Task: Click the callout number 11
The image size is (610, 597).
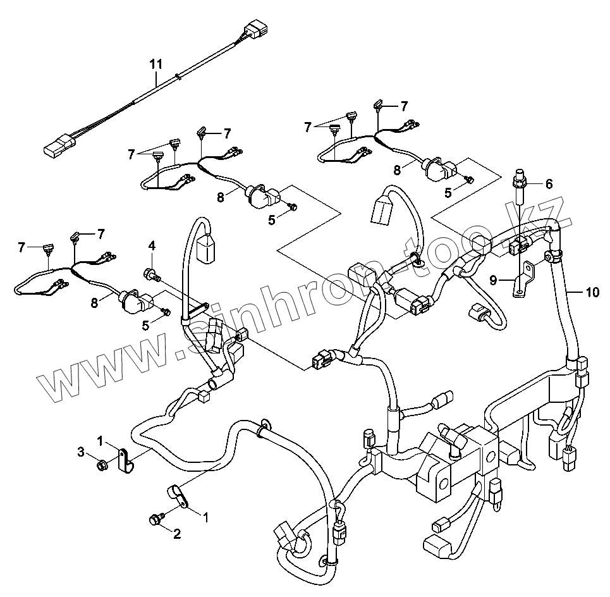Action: tap(156, 64)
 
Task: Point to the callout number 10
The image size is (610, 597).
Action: tap(592, 292)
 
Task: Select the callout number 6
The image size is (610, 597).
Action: tap(549, 184)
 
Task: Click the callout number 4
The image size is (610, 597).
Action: tap(152, 245)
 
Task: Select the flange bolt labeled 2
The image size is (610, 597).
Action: tap(153, 519)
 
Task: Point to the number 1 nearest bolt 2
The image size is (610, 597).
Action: tap(205, 517)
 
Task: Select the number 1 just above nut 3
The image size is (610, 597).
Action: tap(100, 439)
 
